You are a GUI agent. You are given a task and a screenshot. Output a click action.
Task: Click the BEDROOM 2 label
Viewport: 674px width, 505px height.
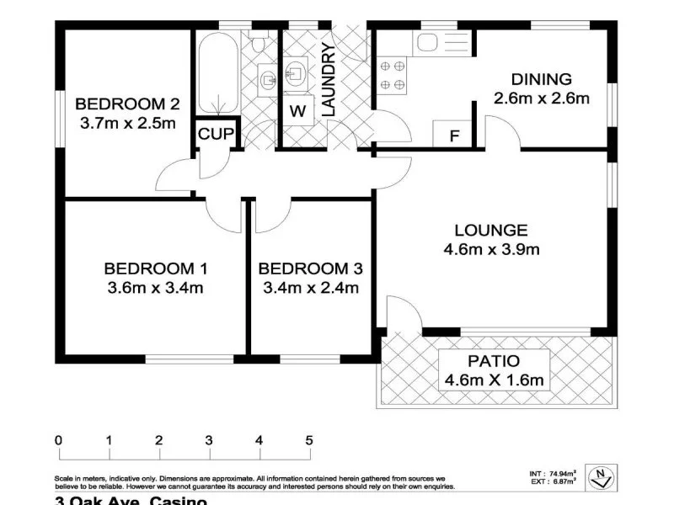coord(127,104)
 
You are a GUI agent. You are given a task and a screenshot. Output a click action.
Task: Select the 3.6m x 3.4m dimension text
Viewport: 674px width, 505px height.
coord(155,288)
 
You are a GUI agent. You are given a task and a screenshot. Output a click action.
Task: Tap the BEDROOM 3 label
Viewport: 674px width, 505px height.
coord(310,269)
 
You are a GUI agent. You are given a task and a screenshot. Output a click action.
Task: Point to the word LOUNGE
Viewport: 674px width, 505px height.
coord(490,230)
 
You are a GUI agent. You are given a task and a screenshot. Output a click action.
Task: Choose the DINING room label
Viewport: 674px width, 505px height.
coord(541,80)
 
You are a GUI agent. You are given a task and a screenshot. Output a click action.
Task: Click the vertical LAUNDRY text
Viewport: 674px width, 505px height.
coord(329,80)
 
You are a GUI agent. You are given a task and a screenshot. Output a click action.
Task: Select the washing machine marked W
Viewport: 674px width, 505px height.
coord(297,109)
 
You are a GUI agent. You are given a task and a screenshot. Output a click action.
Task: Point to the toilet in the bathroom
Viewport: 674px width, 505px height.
coord(259,42)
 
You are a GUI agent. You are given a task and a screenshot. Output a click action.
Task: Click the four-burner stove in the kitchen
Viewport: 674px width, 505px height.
coord(392,74)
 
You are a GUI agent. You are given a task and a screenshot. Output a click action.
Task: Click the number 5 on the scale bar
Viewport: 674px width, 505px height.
coord(309,440)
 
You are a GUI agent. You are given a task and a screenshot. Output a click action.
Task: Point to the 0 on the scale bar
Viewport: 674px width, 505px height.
coord(58,440)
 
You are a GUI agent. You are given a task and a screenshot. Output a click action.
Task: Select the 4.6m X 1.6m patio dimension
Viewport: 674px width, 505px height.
coord(495,380)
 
